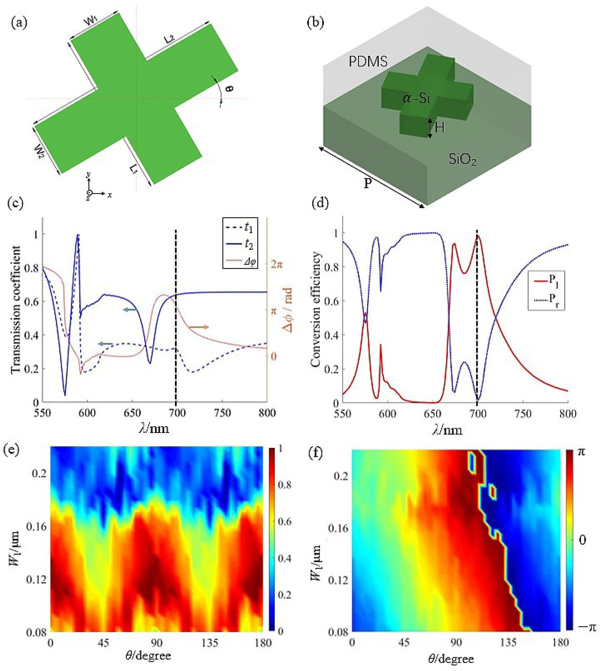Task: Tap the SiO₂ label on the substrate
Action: coord(463,160)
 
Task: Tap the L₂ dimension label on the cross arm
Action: coord(169,40)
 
